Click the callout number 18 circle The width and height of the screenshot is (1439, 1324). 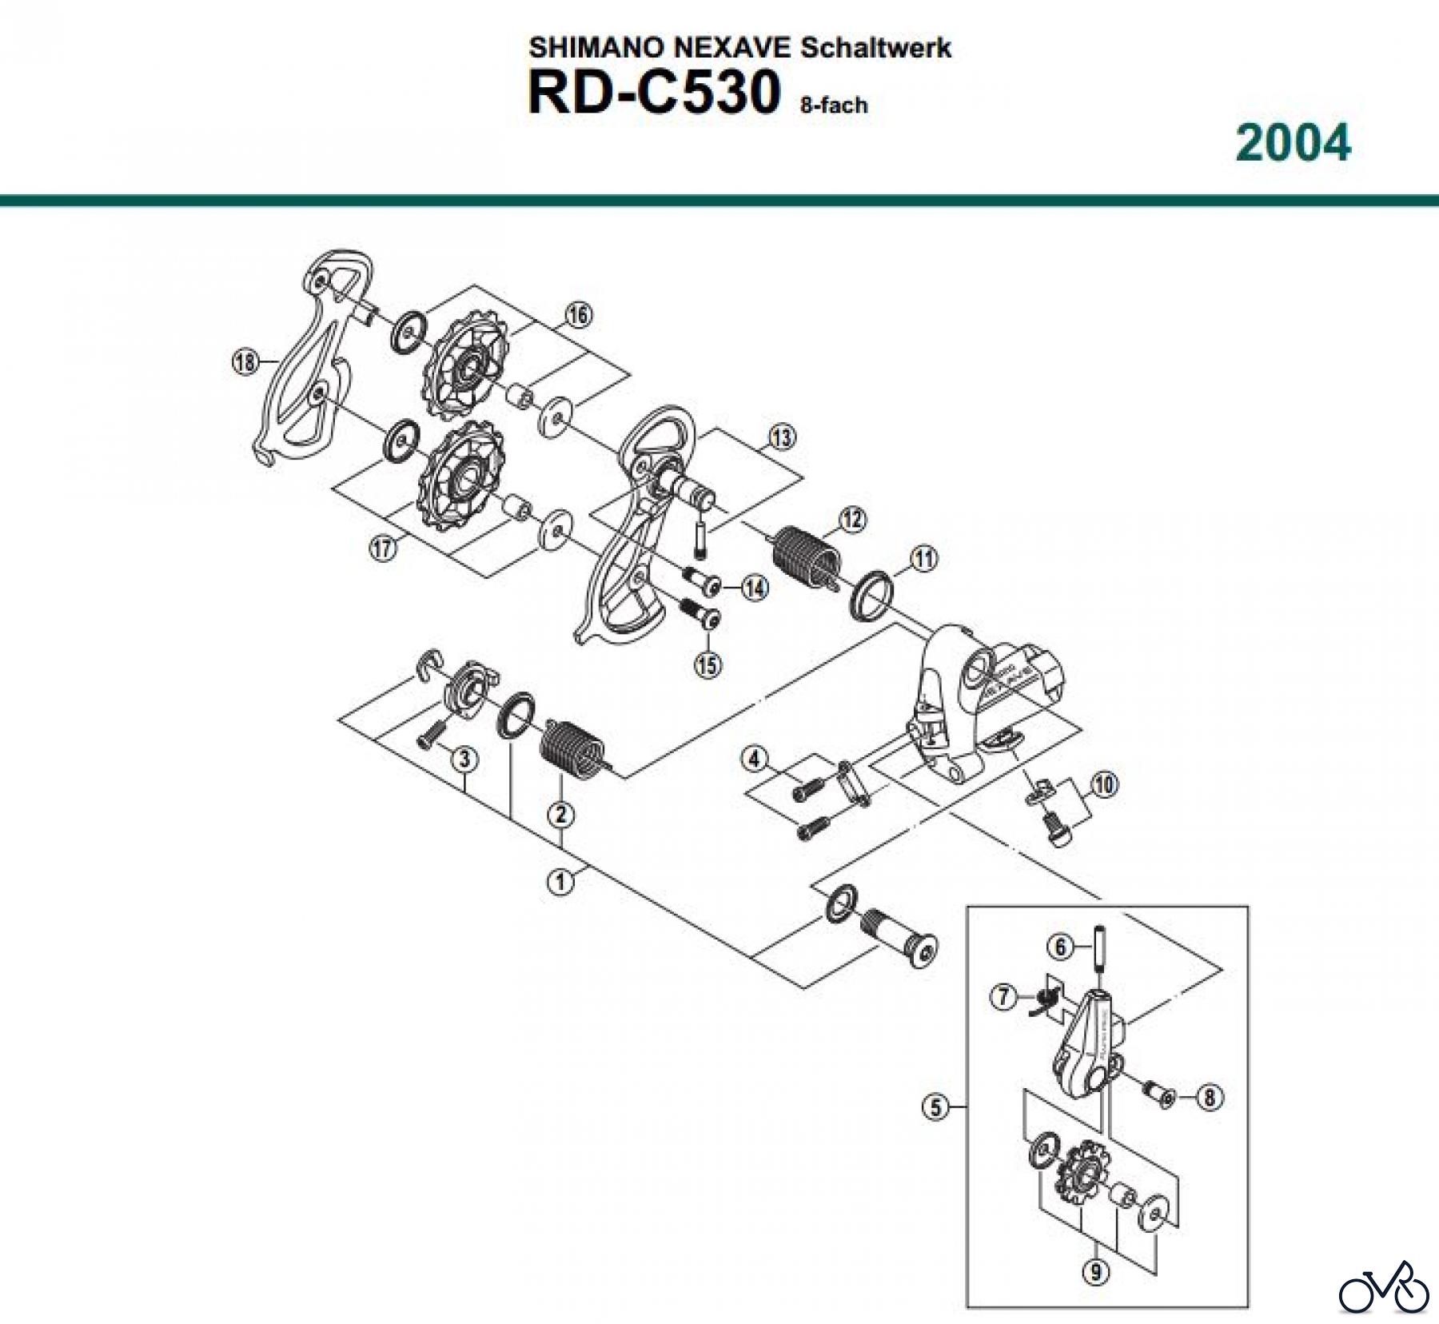tap(245, 362)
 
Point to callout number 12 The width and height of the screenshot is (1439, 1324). tap(852, 520)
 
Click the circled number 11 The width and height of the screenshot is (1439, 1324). tap(924, 559)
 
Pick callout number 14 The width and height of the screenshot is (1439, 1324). tap(754, 588)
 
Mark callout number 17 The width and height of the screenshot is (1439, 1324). tap(383, 548)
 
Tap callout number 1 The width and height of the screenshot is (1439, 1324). tap(561, 882)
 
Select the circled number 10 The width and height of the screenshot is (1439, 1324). tap(1103, 785)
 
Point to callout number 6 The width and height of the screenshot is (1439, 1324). tap(1060, 947)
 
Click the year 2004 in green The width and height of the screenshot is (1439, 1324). tap(1293, 145)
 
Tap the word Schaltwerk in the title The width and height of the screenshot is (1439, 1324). tap(876, 48)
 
